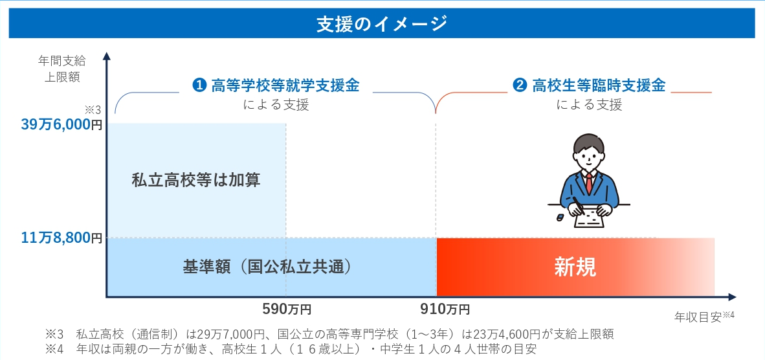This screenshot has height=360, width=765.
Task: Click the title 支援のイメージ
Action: (x=382, y=23)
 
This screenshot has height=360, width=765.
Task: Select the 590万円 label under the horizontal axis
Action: (x=287, y=309)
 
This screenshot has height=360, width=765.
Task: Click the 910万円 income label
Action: (x=445, y=309)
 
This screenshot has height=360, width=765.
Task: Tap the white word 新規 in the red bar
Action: (x=575, y=267)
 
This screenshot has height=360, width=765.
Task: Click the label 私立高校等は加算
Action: (x=196, y=179)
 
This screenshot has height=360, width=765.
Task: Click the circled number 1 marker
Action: (x=200, y=85)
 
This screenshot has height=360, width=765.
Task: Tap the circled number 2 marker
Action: (x=520, y=85)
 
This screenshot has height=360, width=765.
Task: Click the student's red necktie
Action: (x=589, y=182)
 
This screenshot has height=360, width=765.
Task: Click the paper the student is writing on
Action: (x=590, y=219)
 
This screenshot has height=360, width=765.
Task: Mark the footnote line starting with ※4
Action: (x=291, y=349)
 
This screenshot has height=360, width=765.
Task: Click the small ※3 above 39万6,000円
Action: (x=94, y=109)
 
